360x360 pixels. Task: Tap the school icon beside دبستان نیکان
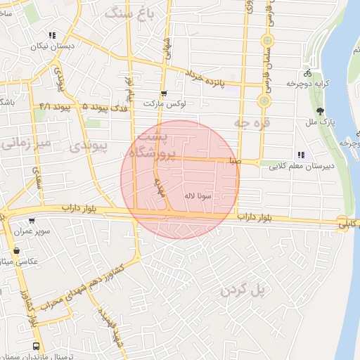coord(51,35)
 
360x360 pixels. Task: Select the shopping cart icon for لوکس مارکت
coord(164,93)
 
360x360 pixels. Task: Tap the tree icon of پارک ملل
coord(321,111)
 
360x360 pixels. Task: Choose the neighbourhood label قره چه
coord(252,123)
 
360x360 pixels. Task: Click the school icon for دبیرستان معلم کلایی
coord(301,155)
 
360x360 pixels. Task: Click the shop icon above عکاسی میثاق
coord(15,250)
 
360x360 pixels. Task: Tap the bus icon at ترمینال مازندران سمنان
coord(36,347)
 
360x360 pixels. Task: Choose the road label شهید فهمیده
coord(110,328)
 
